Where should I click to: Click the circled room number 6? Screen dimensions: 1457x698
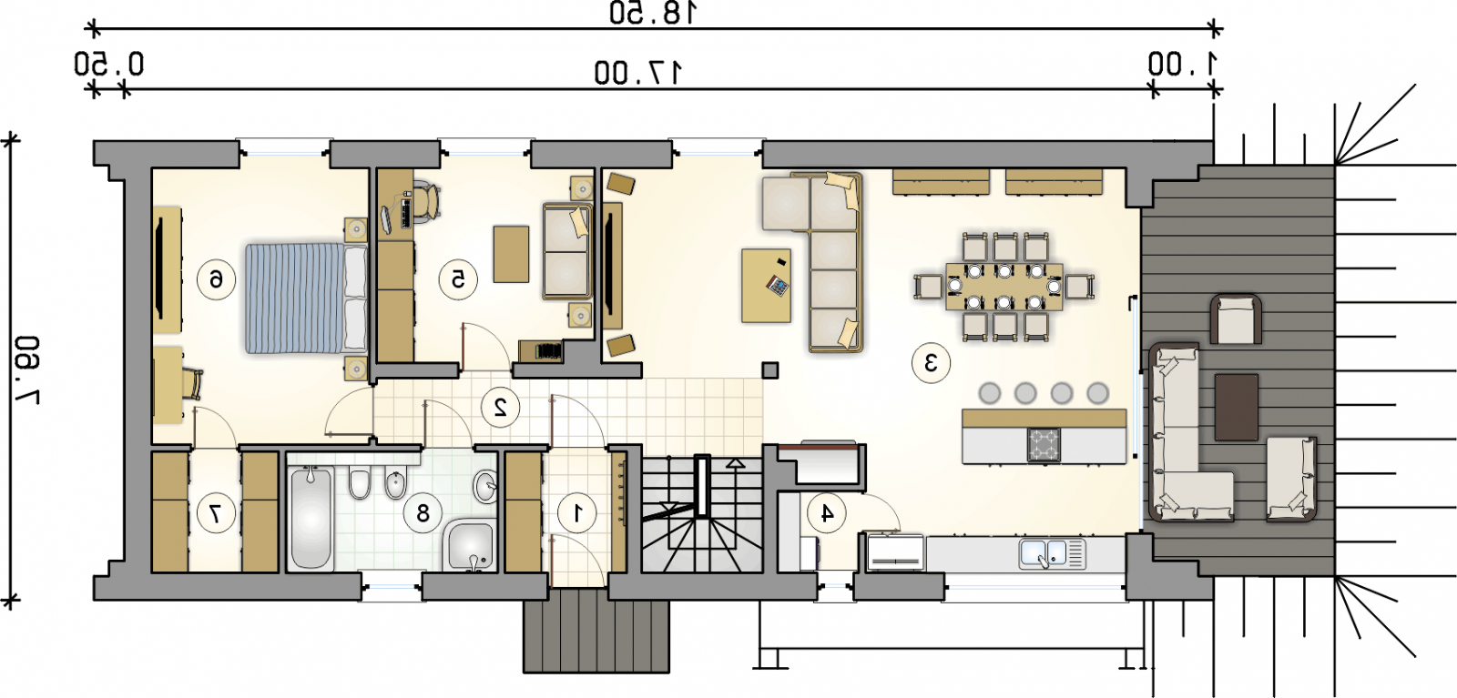[x=216, y=280]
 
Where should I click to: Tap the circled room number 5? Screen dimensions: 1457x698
[x=458, y=280]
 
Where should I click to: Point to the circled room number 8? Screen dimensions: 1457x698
[x=423, y=513]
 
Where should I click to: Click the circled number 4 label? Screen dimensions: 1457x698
[x=826, y=513]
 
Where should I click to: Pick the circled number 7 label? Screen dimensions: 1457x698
[x=216, y=513]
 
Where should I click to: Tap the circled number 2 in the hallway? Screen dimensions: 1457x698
[x=500, y=407]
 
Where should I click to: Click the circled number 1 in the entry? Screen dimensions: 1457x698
[x=577, y=513]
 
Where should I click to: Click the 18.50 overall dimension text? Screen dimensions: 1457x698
[x=653, y=13]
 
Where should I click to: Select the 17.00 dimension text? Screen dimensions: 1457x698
[x=638, y=73]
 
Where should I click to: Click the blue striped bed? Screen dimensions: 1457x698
[x=307, y=298]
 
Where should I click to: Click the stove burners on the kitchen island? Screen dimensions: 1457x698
[x=1044, y=445]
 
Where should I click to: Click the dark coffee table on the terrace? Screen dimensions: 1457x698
[x=1236, y=408]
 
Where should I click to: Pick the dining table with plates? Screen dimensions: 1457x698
[x=1004, y=287]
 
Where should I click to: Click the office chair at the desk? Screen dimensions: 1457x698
[x=427, y=201]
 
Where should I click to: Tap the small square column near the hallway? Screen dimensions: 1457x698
[x=770, y=370]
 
